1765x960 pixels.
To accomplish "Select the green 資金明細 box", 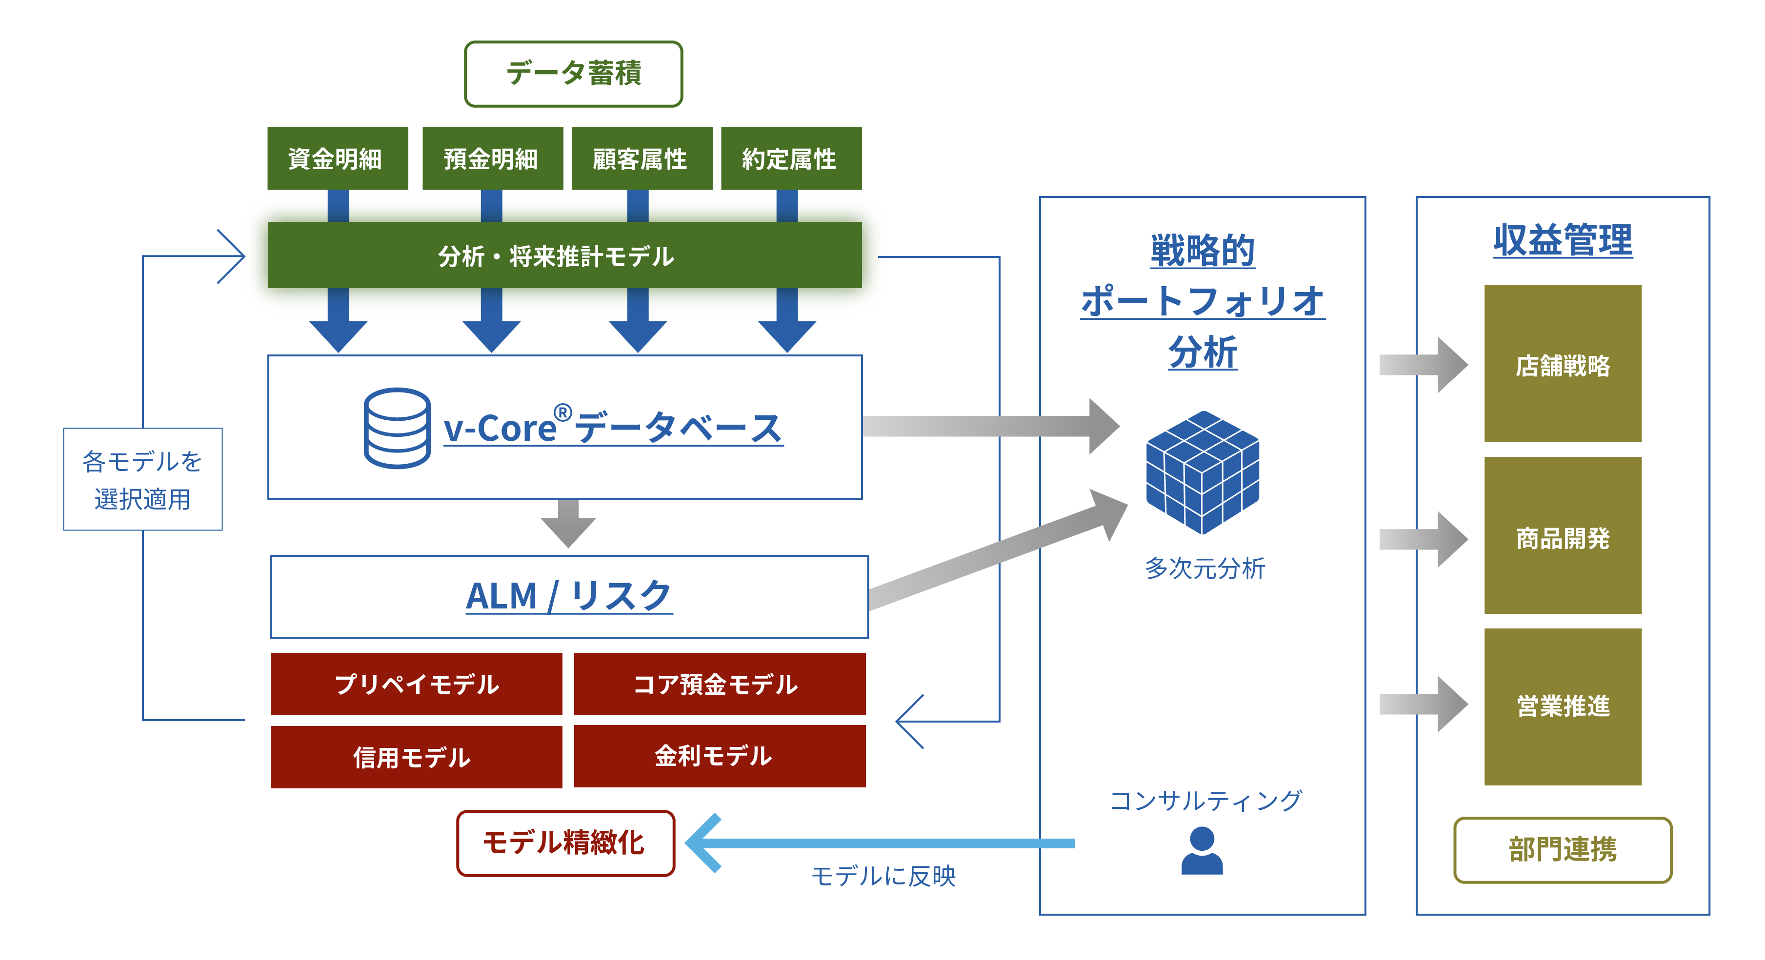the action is tap(338, 158).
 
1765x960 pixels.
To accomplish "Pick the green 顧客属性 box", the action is tap(642, 158).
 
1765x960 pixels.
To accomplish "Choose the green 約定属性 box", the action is tap(791, 158).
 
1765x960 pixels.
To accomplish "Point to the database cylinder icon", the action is tap(398, 428).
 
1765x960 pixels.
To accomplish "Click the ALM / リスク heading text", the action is tap(569, 596).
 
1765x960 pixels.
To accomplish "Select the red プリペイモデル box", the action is tap(417, 684).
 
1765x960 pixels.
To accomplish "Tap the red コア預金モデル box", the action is tap(720, 684).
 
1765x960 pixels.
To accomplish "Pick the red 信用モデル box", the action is tap(417, 757).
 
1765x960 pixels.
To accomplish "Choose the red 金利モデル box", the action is tap(720, 756).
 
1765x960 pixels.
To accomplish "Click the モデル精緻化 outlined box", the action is tap(565, 843).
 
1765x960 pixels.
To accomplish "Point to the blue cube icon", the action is tap(1203, 472).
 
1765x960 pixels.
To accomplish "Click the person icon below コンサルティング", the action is tap(1202, 850).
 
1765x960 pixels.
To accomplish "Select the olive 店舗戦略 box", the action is tap(1563, 364).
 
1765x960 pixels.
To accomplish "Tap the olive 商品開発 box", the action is tap(1563, 535).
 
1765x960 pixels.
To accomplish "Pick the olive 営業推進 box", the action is tap(1563, 706).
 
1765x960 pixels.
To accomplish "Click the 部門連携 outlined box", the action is tap(1563, 850).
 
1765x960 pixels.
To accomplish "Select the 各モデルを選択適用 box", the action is tap(142, 479).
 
